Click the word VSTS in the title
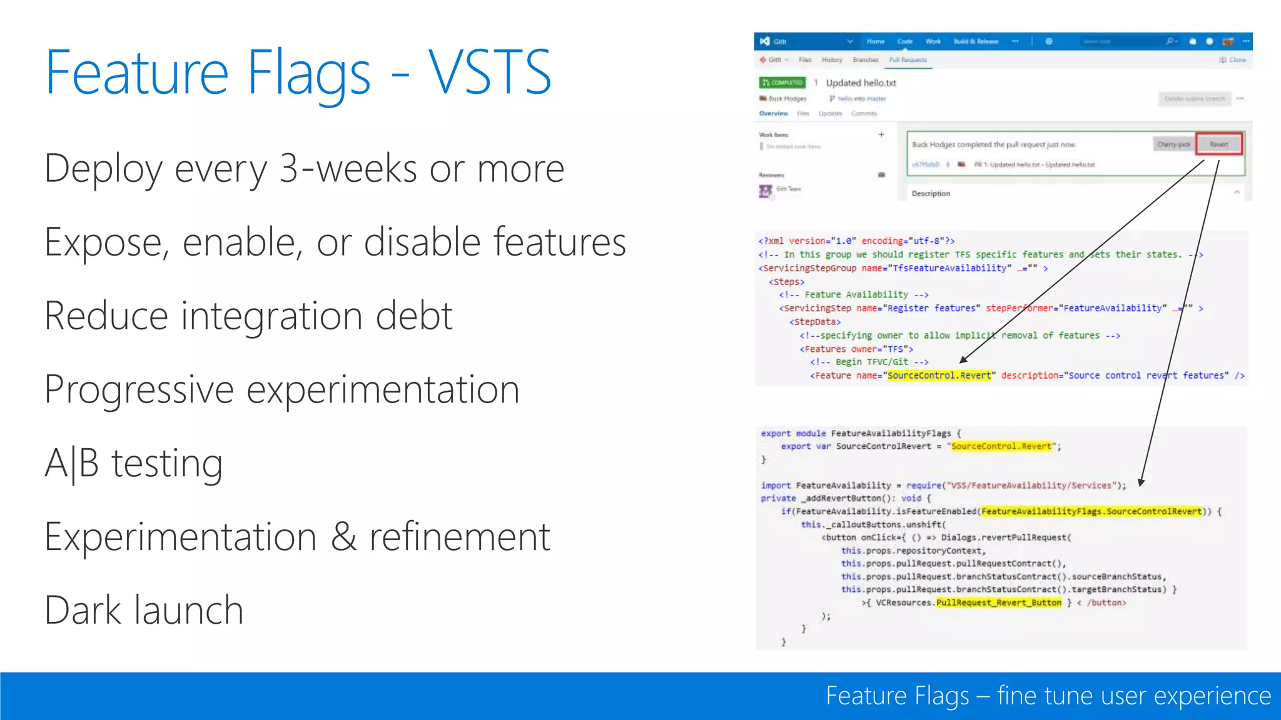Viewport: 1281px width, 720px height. [489, 73]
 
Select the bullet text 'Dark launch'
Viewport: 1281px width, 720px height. [144, 610]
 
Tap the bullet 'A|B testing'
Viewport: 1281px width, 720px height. [134, 464]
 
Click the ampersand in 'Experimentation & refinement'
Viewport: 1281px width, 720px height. [343, 537]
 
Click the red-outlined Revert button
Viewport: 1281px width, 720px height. [1218, 144]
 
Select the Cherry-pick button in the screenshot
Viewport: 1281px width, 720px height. [1173, 144]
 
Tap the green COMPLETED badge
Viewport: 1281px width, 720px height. [782, 82]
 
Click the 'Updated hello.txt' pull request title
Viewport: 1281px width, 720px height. [861, 82]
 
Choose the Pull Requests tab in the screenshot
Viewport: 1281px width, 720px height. [908, 60]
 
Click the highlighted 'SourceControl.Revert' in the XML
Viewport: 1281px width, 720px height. [939, 376]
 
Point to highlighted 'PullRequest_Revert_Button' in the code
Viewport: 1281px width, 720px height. [998, 602]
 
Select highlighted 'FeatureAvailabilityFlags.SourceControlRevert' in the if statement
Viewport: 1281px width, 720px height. [1091, 511]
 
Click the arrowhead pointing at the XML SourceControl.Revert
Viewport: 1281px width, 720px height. [963, 360]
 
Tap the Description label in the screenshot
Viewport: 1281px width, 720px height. [930, 194]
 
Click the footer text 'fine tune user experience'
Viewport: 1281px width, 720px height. [1133, 696]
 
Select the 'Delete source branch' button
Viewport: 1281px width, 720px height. [1194, 99]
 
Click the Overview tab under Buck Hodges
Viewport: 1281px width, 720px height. [773, 114]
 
